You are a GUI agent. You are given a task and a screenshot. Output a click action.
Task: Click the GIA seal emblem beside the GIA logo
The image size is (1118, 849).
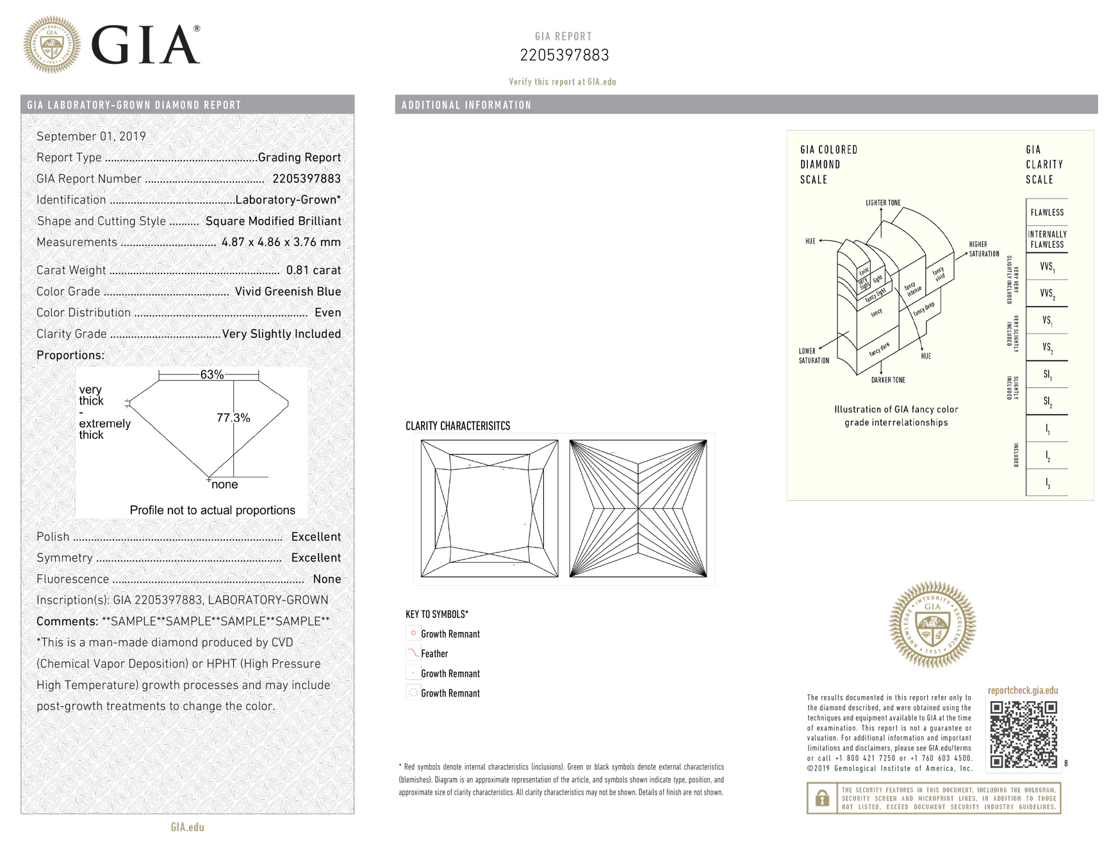pyautogui.click(x=52, y=45)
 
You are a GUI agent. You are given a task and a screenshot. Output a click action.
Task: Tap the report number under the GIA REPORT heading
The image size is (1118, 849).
pyautogui.click(x=564, y=56)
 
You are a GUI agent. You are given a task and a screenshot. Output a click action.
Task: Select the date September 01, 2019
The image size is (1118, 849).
pyautogui.click(x=91, y=136)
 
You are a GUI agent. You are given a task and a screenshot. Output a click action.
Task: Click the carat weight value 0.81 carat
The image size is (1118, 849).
pyautogui.click(x=313, y=270)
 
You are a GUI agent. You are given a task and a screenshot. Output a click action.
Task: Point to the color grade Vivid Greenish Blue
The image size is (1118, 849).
pyautogui.click(x=288, y=291)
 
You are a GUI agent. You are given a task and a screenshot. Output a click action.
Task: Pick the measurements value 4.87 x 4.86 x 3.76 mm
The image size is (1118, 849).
pyautogui.click(x=281, y=242)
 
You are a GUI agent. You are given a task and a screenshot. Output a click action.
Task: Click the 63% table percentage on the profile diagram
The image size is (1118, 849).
pyautogui.click(x=211, y=375)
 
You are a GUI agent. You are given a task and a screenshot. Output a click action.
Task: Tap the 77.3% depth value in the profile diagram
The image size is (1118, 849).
pyautogui.click(x=233, y=418)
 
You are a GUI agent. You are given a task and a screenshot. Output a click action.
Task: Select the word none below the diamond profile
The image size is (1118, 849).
pyautogui.click(x=224, y=485)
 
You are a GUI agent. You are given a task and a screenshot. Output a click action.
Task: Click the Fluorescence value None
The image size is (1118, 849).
pyautogui.click(x=327, y=579)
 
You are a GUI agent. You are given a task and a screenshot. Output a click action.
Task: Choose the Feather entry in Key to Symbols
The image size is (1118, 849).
pyautogui.click(x=434, y=654)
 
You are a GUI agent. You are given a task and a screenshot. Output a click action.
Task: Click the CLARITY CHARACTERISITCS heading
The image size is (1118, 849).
pyautogui.click(x=457, y=426)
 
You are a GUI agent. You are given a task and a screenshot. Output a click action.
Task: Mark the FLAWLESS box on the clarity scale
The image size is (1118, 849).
pyautogui.click(x=1047, y=213)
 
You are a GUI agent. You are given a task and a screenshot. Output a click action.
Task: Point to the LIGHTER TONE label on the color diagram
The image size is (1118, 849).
pyautogui.click(x=883, y=203)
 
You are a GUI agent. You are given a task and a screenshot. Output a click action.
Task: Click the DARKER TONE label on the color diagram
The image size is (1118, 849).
pyautogui.click(x=888, y=380)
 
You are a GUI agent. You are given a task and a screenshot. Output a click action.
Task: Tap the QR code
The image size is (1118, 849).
pyautogui.click(x=1023, y=734)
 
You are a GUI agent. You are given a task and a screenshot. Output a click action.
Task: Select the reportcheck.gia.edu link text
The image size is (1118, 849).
pyautogui.click(x=1023, y=691)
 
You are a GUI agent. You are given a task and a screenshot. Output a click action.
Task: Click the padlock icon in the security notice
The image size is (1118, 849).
pyautogui.click(x=822, y=798)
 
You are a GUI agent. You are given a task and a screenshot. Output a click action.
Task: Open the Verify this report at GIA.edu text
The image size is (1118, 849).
pyautogui.click(x=563, y=82)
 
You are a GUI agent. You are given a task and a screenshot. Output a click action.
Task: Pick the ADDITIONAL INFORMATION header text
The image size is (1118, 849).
pyautogui.click(x=466, y=105)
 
